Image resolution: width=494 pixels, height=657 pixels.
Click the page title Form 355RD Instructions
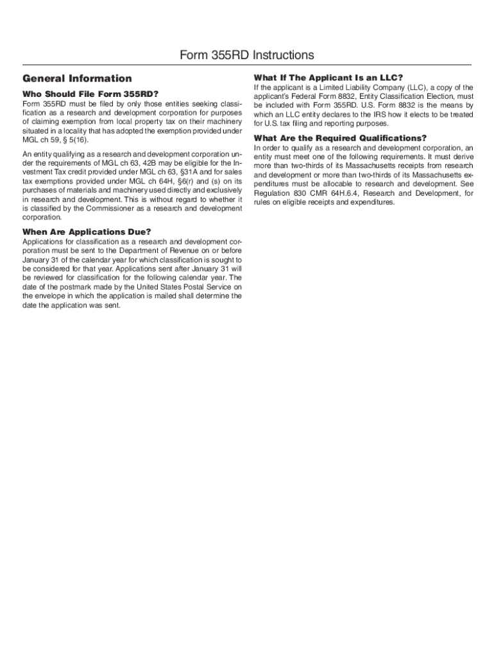point(247,55)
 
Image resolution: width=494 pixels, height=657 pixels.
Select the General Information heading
point(77,78)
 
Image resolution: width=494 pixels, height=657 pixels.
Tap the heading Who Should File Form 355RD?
point(90,94)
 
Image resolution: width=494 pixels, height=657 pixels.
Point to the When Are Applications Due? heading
point(87,231)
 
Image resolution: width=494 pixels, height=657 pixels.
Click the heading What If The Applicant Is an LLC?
point(328,78)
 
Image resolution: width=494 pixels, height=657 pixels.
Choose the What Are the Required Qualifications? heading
point(340,138)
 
